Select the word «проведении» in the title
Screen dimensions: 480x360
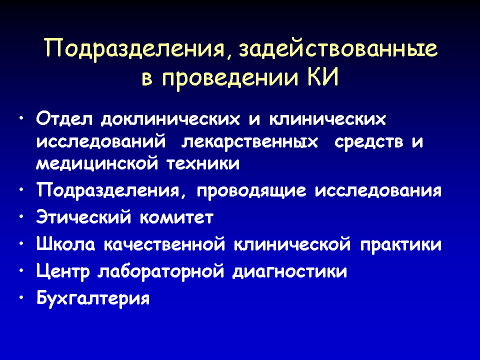230,78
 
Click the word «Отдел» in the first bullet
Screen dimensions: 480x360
64,119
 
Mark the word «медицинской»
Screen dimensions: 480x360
97,164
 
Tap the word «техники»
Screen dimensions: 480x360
203,164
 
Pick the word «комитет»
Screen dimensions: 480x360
176,218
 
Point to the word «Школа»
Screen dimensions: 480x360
65,244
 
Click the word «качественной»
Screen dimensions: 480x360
164,244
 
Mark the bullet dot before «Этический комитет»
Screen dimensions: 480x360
21,216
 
